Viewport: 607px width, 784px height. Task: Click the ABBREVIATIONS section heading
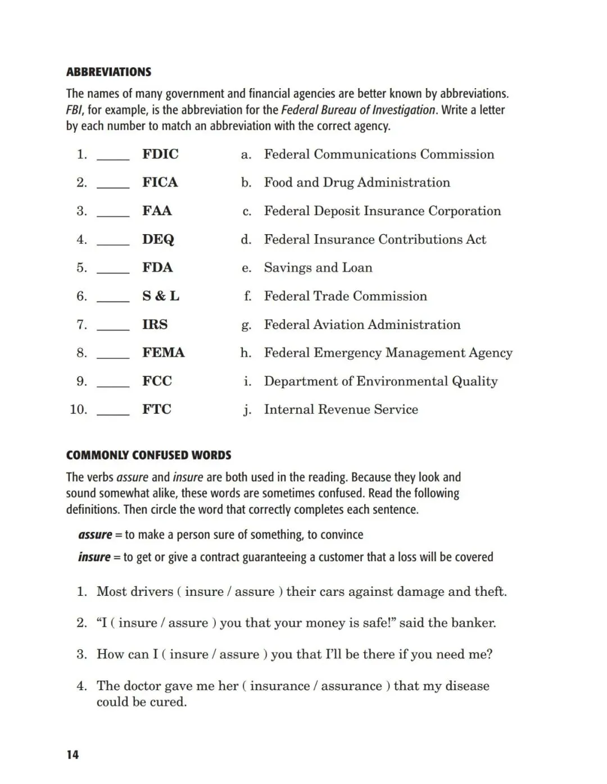pyautogui.click(x=108, y=72)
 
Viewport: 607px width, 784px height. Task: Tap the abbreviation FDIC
pyautogui.click(x=160, y=154)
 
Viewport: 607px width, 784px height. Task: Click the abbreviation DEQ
pyautogui.click(x=158, y=239)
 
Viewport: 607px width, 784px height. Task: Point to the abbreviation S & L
pyautogui.click(x=161, y=296)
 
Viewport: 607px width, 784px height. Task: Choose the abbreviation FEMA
pyautogui.click(x=163, y=353)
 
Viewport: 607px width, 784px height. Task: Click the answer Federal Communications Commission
pyautogui.click(x=379, y=154)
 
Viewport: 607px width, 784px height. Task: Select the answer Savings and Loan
pyautogui.click(x=318, y=267)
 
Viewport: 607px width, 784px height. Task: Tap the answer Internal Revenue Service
pyautogui.click(x=341, y=409)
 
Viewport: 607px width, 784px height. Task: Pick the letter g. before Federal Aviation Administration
pyautogui.click(x=246, y=325)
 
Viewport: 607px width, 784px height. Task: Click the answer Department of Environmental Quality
pyautogui.click(x=380, y=381)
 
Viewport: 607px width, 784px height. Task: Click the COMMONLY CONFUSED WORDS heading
pyautogui.click(x=148, y=455)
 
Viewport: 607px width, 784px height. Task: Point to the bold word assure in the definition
pyautogui.click(x=95, y=535)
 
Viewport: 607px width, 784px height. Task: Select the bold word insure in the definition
pyautogui.click(x=94, y=557)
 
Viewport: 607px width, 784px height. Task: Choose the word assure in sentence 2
pyautogui.click(x=188, y=623)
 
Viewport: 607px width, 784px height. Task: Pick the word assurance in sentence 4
pyautogui.click(x=351, y=686)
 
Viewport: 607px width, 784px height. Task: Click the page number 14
pyautogui.click(x=73, y=755)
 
